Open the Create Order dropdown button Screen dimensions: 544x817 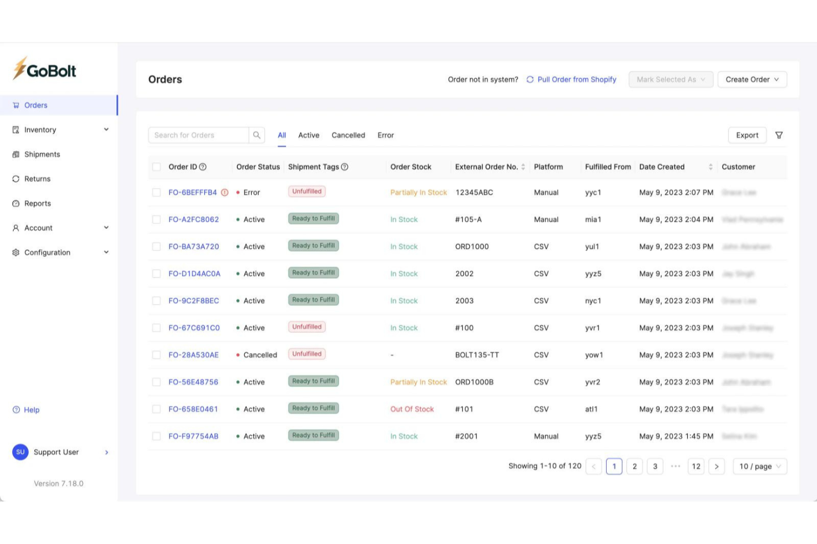pyautogui.click(x=752, y=79)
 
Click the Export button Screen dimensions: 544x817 pyautogui.click(x=747, y=135)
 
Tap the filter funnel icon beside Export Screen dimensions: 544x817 pyautogui.click(x=779, y=135)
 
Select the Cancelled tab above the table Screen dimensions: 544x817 pyautogui.click(x=348, y=135)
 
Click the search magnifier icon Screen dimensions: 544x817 pyautogui.click(x=257, y=135)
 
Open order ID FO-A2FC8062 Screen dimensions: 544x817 pyautogui.click(x=194, y=220)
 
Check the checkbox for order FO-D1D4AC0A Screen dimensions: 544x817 pyautogui.click(x=156, y=274)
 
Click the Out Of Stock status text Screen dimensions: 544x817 pyautogui.click(x=412, y=409)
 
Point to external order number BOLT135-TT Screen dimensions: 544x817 pyautogui.click(x=477, y=355)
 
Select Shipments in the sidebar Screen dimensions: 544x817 pyautogui.click(x=42, y=154)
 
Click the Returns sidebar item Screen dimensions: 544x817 pyautogui.click(x=37, y=179)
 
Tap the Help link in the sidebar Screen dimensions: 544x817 pyautogui.click(x=31, y=410)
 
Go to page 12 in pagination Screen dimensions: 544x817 pyautogui.click(x=696, y=467)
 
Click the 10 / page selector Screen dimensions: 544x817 pyautogui.click(x=760, y=467)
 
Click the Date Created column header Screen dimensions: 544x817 pyautogui.click(x=662, y=167)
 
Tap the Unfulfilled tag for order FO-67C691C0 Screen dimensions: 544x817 pyautogui.click(x=307, y=327)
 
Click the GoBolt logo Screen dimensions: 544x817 pyautogui.click(x=45, y=70)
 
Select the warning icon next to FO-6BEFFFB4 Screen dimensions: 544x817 pyautogui.click(x=225, y=193)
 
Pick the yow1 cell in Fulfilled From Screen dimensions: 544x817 pyautogui.click(x=594, y=355)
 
